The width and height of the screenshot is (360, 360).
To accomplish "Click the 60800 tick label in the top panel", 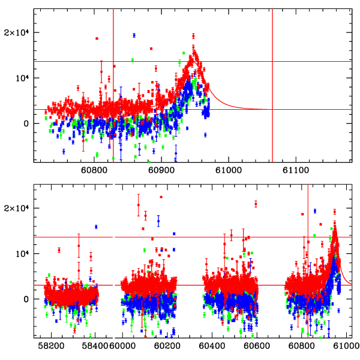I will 94,170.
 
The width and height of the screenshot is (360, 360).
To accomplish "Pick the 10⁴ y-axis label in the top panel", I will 22,78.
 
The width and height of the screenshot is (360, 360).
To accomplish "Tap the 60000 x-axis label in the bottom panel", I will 122,346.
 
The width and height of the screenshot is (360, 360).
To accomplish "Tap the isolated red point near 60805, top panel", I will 97,38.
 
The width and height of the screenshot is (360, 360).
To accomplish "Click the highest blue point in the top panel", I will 134,35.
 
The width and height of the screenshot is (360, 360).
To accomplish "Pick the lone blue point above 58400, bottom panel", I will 96,227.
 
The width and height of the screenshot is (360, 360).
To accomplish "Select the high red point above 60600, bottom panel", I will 256,204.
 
